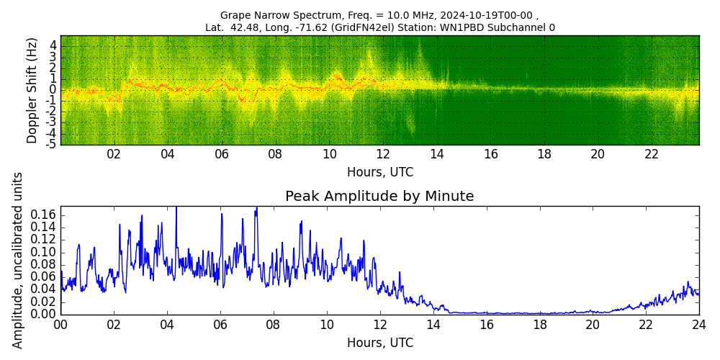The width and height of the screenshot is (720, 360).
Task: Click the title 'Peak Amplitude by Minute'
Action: (379, 197)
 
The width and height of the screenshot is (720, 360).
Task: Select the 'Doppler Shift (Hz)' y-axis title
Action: (32, 90)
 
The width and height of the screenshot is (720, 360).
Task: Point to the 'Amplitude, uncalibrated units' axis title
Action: (18, 260)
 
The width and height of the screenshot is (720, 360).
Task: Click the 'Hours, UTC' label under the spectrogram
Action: (379, 173)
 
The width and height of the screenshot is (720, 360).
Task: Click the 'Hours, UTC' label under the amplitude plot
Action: (379, 343)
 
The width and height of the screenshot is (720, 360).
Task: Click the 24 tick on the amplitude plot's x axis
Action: (698, 325)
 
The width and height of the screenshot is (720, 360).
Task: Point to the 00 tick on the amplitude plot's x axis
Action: (60, 325)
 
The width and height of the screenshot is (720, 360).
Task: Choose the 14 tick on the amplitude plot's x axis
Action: (433, 325)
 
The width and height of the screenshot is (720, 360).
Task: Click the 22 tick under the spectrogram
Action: (652, 154)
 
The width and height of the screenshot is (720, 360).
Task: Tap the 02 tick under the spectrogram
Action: (114, 154)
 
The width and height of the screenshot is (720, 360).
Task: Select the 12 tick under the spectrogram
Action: (382, 154)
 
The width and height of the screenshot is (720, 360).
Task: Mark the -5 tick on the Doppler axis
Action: (51, 144)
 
